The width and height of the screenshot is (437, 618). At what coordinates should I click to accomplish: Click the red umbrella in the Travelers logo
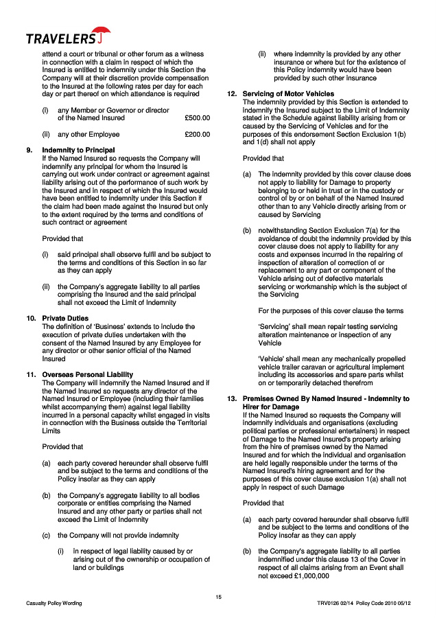(x=102, y=34)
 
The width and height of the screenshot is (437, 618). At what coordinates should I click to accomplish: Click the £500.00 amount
(x=198, y=118)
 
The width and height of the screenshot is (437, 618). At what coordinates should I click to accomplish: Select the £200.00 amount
(x=198, y=135)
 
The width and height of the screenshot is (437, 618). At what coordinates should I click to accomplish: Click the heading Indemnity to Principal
(x=78, y=150)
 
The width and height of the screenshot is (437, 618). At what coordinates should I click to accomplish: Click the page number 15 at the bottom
(x=218, y=596)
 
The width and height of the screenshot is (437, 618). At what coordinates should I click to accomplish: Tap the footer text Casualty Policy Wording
(x=54, y=604)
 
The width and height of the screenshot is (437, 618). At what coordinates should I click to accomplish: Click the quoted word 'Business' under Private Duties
(x=101, y=326)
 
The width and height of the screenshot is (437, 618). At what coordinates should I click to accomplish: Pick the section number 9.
(x=29, y=150)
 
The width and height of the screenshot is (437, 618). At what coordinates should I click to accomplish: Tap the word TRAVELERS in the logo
(x=60, y=38)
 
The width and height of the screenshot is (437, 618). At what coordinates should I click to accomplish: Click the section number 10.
(x=31, y=319)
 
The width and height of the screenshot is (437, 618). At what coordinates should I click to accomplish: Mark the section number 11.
(x=31, y=375)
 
